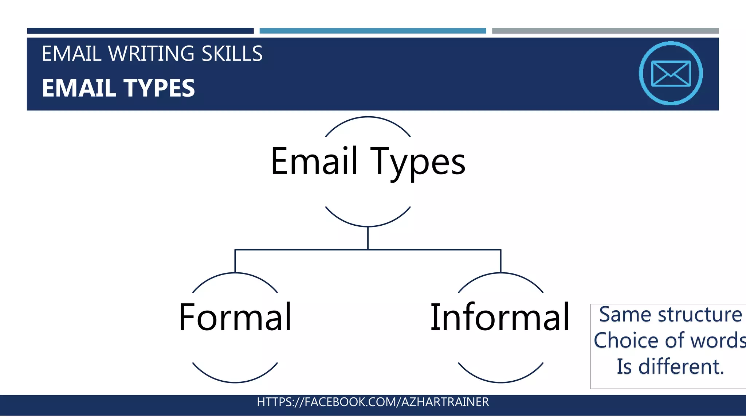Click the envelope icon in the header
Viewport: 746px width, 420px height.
click(671, 73)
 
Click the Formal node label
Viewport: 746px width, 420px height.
click(235, 318)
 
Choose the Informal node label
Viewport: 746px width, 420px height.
click(500, 318)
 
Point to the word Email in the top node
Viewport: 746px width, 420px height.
click(314, 161)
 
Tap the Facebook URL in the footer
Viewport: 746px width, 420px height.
click(373, 402)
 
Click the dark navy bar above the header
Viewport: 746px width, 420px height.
click(140, 31)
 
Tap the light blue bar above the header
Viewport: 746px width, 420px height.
click(373, 31)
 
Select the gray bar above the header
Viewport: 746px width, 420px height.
click(605, 31)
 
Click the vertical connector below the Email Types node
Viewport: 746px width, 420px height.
click(368, 238)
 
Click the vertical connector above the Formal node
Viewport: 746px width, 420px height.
click(235, 261)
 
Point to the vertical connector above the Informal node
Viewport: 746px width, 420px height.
click(501, 261)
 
